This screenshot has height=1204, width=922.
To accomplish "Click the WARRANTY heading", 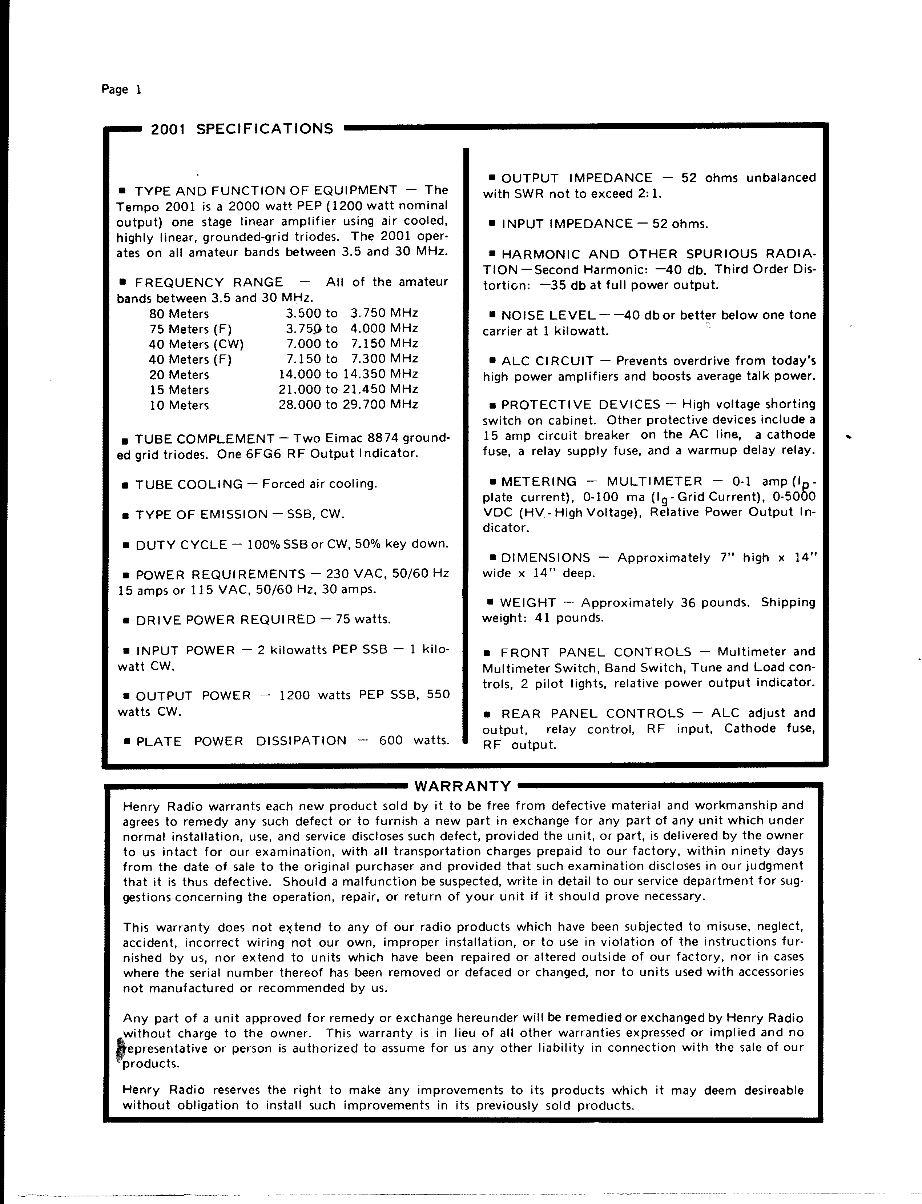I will click(x=463, y=786).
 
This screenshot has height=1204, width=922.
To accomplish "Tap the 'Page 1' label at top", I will click(x=121, y=89).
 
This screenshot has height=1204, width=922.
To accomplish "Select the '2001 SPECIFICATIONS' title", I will click(x=242, y=129).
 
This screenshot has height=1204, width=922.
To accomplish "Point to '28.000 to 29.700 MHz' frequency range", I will click(x=349, y=405).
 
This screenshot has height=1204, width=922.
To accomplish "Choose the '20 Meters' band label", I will click(x=179, y=375).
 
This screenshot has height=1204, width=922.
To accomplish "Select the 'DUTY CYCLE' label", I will click(x=181, y=545).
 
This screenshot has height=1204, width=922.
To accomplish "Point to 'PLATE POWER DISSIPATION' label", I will click(x=241, y=741).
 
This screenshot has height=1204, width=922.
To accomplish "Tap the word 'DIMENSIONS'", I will click(x=545, y=558).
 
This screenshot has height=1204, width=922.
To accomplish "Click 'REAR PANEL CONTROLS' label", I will click(x=593, y=714).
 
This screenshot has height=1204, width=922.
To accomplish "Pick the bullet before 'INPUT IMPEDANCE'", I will click(x=492, y=224).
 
